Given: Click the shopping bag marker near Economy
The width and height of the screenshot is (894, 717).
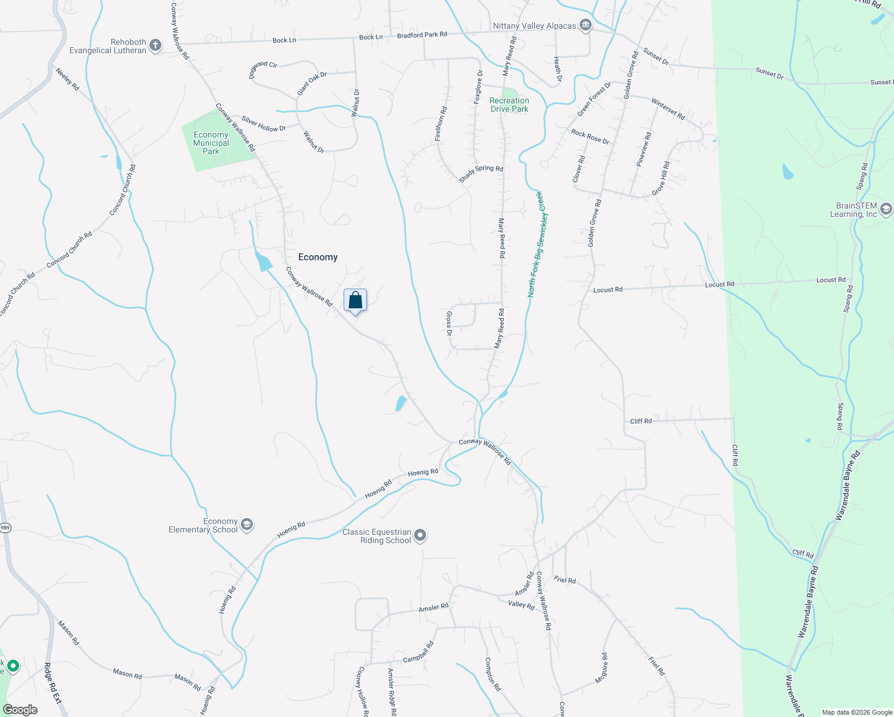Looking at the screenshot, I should point(355,301).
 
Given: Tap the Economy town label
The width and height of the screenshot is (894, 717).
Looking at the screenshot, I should point(318,257).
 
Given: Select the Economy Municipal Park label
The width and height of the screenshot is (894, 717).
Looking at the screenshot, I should point(211,143).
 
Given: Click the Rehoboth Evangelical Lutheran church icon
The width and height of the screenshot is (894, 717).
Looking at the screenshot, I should point(155,45).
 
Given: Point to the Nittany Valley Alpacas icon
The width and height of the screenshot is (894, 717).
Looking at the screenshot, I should point(586,25).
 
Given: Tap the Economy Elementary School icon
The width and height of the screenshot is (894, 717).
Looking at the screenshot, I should point(247,525).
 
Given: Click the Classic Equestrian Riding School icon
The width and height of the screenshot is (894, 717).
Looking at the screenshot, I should point(420,535).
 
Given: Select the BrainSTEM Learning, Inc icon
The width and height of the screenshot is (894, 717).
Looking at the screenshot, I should point(886,209).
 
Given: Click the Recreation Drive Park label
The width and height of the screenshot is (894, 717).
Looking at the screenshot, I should point(509,105).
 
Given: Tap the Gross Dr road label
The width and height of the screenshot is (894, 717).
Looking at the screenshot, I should point(449,323).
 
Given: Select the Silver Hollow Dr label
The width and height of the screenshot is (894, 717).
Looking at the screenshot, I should point(264,124).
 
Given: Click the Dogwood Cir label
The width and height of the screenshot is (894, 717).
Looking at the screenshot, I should point(263,69).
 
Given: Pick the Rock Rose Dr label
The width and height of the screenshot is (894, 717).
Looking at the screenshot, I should point(590,137).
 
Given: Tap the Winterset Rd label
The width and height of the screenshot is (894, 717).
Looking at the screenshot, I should point(668,109).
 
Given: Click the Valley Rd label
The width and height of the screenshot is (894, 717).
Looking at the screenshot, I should point(521,605).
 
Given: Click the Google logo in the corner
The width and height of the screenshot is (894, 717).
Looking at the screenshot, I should point(20,710).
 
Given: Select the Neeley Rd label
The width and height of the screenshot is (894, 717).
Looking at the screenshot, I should point(68,79).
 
